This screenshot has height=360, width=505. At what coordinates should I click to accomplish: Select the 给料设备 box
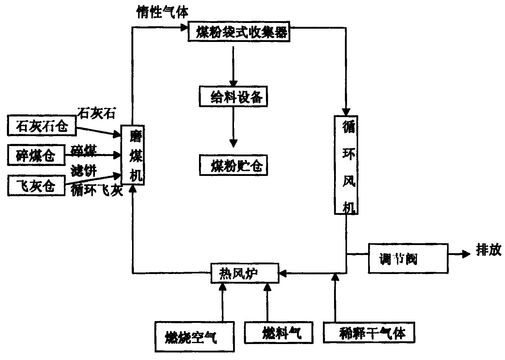233,96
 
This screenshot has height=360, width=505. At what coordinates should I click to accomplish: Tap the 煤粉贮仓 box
233,164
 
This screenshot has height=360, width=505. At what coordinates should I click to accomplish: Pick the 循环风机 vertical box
346,165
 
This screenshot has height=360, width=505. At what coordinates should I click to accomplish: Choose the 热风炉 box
245,273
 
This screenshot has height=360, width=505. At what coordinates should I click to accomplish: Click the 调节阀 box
408,258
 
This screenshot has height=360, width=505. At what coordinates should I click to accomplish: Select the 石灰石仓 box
42,125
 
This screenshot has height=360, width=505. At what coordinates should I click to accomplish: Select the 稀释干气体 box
368,333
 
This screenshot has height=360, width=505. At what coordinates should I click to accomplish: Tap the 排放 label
488,250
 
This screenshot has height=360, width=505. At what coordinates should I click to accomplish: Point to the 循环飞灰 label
97,191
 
